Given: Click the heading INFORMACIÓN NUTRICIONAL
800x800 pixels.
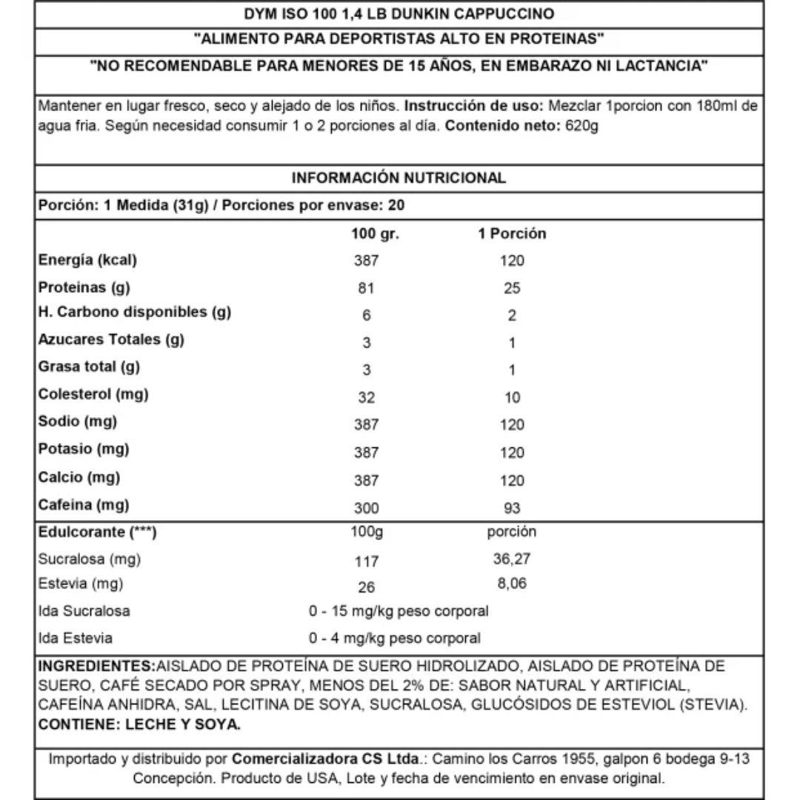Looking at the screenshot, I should (x=399, y=178).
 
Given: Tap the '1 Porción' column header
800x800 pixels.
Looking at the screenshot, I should (x=512, y=234).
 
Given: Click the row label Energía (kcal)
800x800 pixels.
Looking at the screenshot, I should (x=88, y=260).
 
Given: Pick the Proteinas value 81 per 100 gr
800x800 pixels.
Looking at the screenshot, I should (x=366, y=288).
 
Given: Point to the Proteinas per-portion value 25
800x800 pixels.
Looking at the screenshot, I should (x=512, y=288).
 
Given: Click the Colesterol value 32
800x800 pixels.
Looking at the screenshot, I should (x=366, y=397).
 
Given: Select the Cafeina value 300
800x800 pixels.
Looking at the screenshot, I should (x=366, y=508).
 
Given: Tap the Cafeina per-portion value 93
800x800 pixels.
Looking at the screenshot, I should (x=512, y=508).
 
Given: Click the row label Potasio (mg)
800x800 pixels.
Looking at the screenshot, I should (x=84, y=450).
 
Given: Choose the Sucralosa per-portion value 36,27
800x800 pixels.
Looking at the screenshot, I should (x=512, y=559).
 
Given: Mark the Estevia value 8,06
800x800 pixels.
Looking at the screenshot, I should (x=512, y=584).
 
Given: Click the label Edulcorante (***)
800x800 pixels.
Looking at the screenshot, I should (x=97, y=533).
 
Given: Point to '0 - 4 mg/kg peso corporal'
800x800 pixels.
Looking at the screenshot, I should (x=395, y=638).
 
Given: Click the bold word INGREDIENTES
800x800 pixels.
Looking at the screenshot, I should (x=97, y=665).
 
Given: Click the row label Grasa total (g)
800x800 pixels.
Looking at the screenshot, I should (x=89, y=366).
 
